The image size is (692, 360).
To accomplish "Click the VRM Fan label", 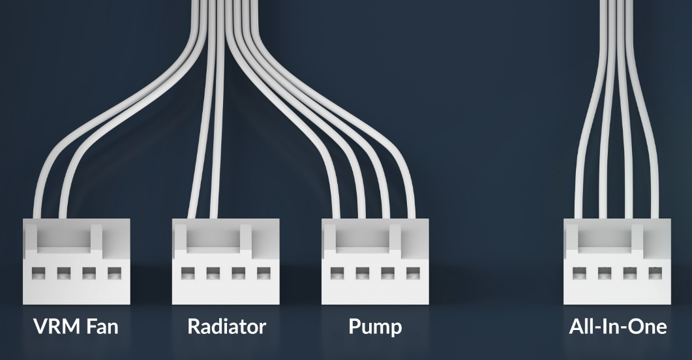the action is pyautogui.click(x=76, y=327).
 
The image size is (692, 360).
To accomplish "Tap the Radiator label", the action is pyautogui.click(x=226, y=327).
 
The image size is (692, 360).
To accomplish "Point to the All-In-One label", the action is pyautogui.click(x=618, y=327).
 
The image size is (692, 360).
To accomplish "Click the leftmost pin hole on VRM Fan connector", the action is pyautogui.click(x=38, y=274).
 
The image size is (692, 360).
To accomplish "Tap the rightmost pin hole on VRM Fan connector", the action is pyautogui.click(x=114, y=274).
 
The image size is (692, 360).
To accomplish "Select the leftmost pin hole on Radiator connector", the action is pyautogui.click(x=188, y=274).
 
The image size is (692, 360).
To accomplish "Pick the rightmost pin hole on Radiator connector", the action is pyautogui.click(x=264, y=274).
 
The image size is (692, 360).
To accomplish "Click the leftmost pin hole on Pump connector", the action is pyautogui.click(x=337, y=274).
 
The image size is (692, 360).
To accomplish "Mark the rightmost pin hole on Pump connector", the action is pyautogui.click(x=413, y=274).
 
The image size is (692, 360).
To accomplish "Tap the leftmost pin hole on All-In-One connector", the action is pyautogui.click(x=579, y=274).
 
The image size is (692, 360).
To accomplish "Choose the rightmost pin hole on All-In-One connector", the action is pyautogui.click(x=655, y=274).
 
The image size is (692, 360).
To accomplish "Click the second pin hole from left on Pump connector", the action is pyautogui.click(x=363, y=274).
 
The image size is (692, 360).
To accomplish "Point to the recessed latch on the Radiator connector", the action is pyautogui.click(x=213, y=239).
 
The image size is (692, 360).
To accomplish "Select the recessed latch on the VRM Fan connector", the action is pyautogui.click(x=64, y=239).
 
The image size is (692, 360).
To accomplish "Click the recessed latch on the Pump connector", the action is pyautogui.click(x=363, y=239).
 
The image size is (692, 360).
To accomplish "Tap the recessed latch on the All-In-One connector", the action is pyautogui.click(x=605, y=239).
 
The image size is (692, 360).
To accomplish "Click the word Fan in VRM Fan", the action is pyautogui.click(x=102, y=327).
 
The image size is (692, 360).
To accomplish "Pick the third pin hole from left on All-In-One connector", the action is pyautogui.click(x=630, y=274).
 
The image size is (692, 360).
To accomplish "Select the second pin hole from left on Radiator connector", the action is pyautogui.click(x=213, y=274).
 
